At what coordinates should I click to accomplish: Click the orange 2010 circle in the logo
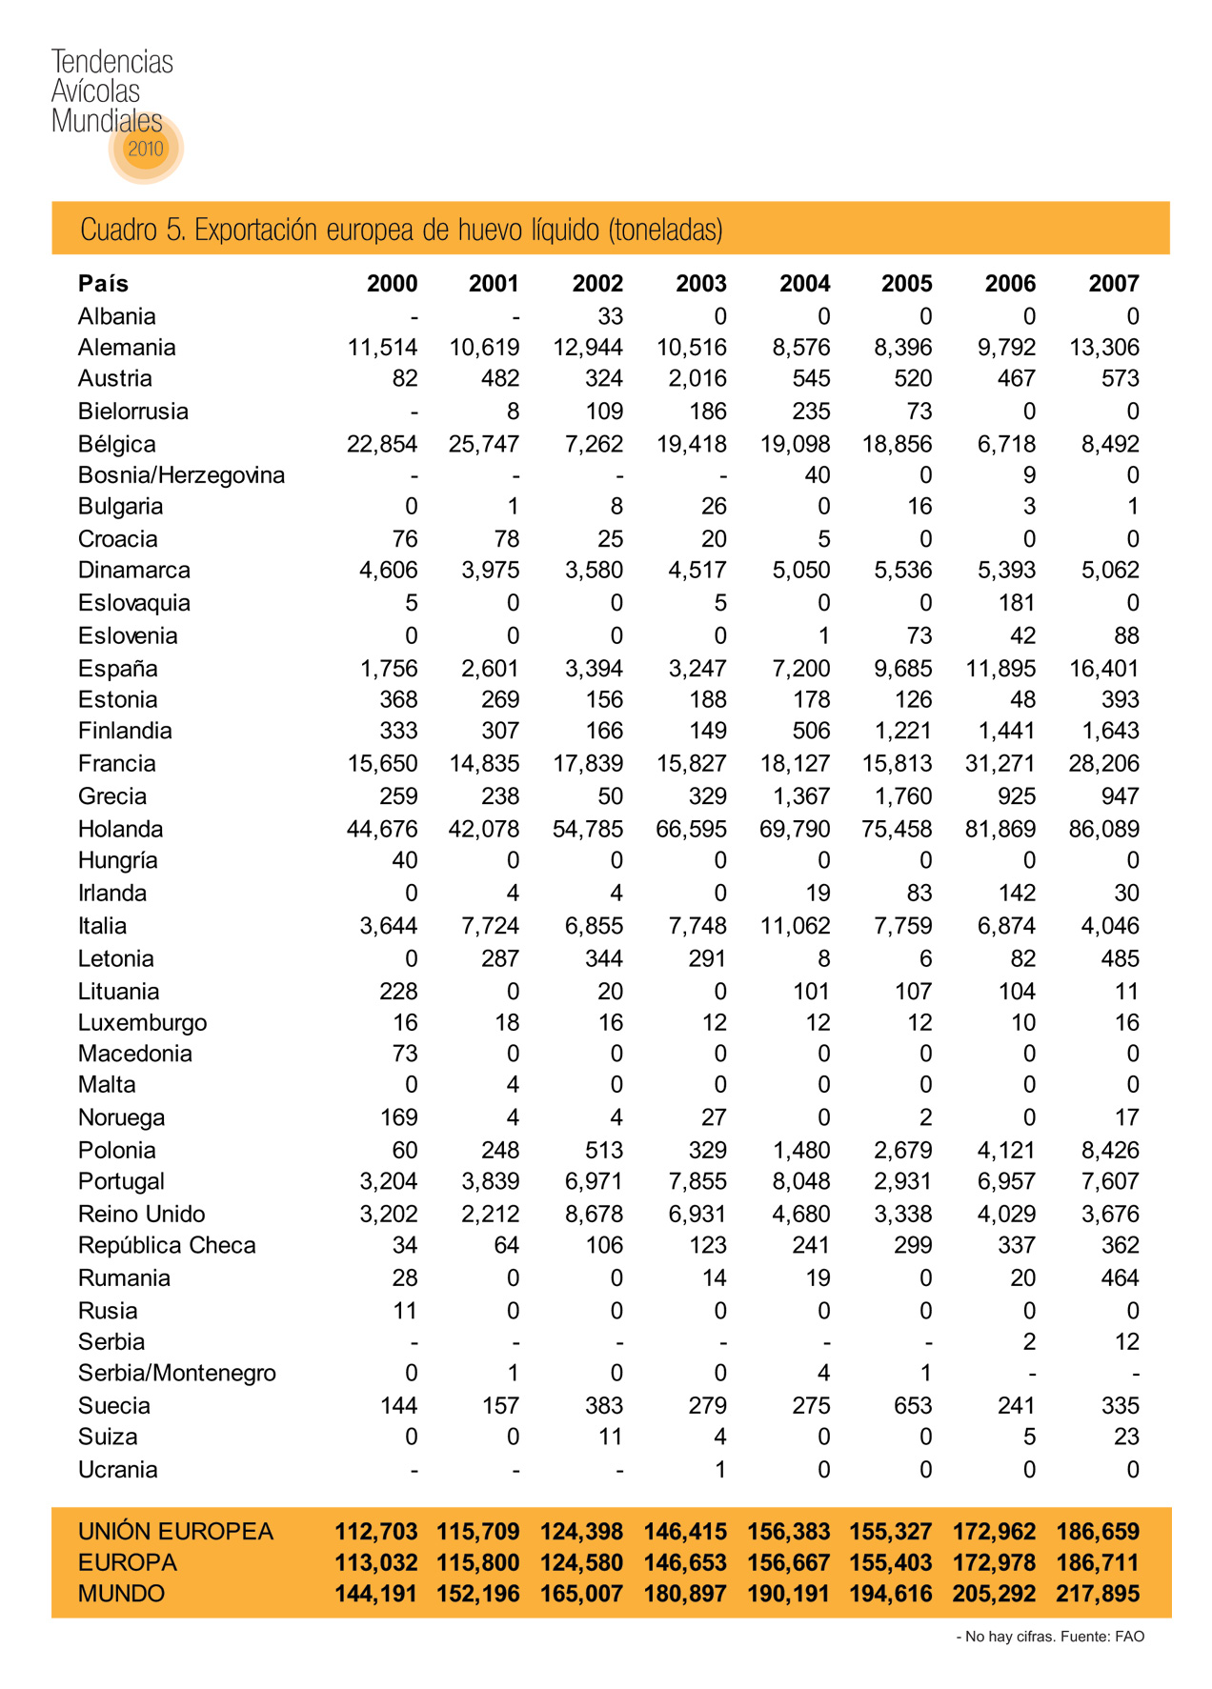[146, 148]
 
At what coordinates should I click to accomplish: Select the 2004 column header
[804, 284]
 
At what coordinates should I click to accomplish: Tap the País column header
[103, 284]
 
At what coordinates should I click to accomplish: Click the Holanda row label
[120, 829]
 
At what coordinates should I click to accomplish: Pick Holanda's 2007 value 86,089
[1103, 829]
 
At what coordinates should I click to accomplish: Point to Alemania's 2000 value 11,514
[382, 348]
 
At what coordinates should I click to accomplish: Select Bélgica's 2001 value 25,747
[484, 444]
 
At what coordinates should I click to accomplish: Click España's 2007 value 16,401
[1103, 669]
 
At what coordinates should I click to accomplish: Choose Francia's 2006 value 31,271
[1000, 764]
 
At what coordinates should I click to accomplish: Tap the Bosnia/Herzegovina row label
[181, 475]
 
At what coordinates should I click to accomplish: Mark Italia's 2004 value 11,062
[795, 926]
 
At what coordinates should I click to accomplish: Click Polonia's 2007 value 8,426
[1110, 1150]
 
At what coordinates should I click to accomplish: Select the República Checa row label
[167, 1246]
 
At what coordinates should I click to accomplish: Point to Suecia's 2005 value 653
[912, 1406]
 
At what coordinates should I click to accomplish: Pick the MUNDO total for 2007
[1097, 1594]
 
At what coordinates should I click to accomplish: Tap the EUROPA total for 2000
[375, 1563]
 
